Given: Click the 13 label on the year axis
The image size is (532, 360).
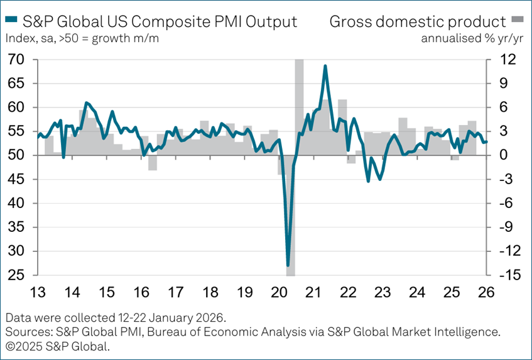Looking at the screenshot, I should (37, 292).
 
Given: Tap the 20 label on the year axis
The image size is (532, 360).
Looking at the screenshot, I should (279, 292).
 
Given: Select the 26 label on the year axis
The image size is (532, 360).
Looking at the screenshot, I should (487, 292).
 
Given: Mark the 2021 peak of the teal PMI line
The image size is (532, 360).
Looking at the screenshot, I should (325, 65).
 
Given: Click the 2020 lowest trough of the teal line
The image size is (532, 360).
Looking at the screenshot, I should (288, 265).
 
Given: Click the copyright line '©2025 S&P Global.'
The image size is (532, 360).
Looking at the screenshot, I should (57, 345).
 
